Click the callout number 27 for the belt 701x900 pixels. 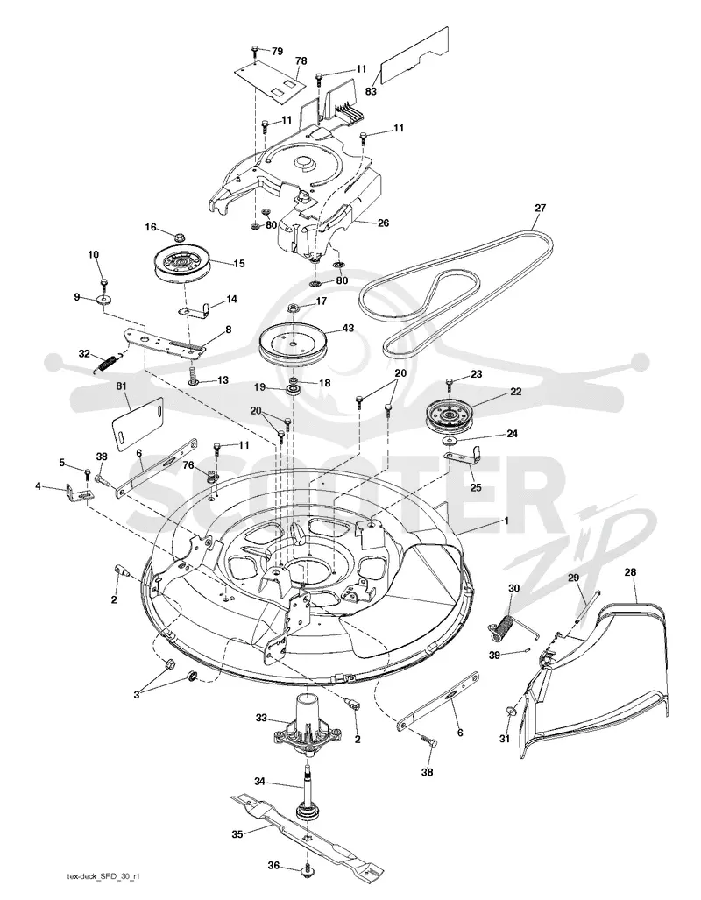pos(540,208)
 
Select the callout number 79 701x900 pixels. pos(277,52)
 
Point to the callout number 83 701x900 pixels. pos(371,90)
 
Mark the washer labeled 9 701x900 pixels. pos(104,300)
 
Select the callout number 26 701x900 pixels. pos(383,223)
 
